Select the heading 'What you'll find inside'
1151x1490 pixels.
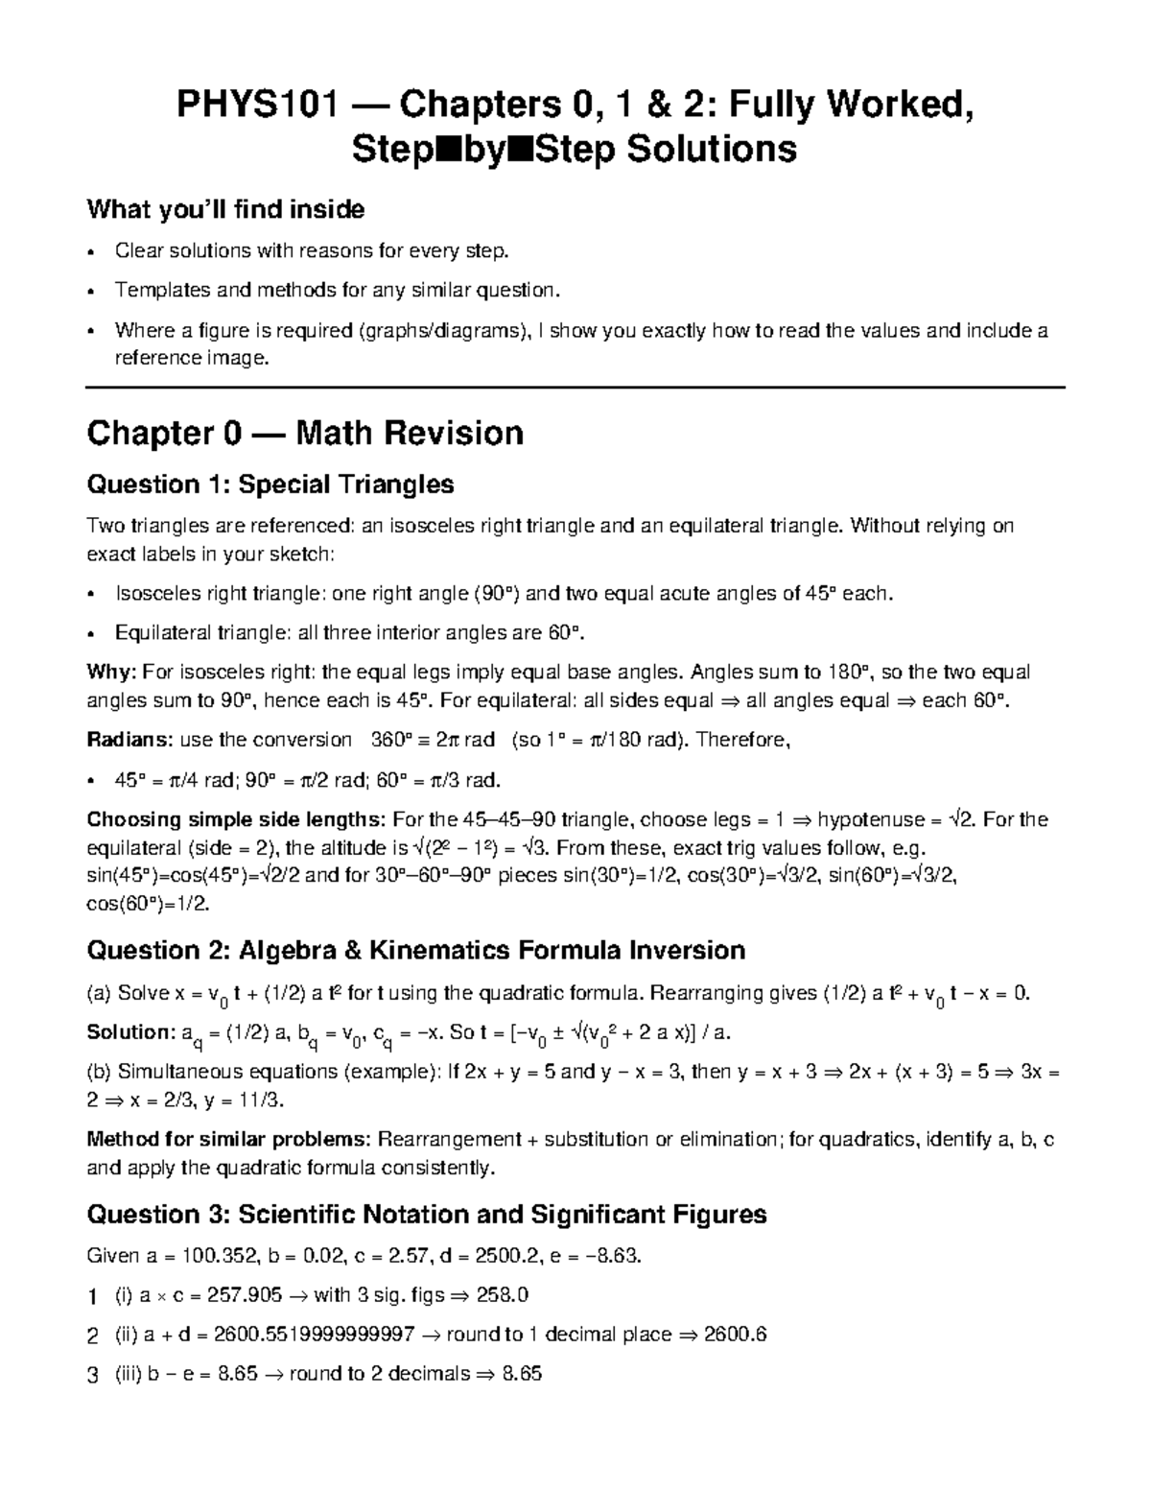225,208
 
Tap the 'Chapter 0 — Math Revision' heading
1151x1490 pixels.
305,434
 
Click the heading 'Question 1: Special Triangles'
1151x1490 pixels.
270,485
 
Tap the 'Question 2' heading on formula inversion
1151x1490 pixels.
415,951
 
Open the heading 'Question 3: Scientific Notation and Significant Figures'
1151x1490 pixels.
427,1215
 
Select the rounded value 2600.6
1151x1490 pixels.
735,1335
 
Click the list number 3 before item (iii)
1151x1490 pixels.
92,1375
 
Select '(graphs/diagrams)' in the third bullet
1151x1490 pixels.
444,331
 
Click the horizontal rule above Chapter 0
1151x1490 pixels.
575,387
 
